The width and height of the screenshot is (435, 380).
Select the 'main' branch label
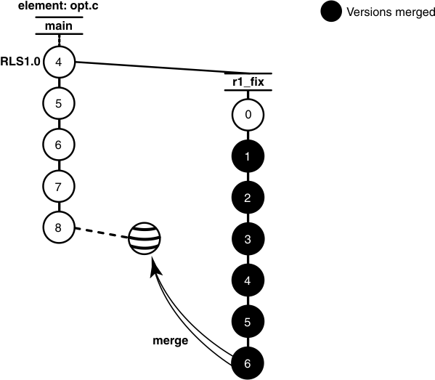pyautogui.click(x=58, y=27)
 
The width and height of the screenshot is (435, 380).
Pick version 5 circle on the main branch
pyautogui.click(x=58, y=103)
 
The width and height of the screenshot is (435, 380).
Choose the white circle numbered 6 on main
pyautogui.click(x=58, y=144)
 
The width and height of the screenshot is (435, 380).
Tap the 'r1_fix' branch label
pyautogui.click(x=248, y=83)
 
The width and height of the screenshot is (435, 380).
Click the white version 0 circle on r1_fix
pyautogui.click(x=248, y=115)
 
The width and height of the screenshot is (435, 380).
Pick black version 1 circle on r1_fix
pyautogui.click(x=248, y=156)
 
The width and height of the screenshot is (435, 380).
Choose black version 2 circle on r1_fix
pyautogui.click(x=248, y=197)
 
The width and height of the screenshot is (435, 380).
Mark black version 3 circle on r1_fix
pyautogui.click(x=248, y=238)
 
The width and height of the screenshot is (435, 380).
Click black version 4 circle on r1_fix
pyautogui.click(x=248, y=279)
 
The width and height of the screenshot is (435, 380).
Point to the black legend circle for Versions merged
pyautogui.click(x=330, y=12)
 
